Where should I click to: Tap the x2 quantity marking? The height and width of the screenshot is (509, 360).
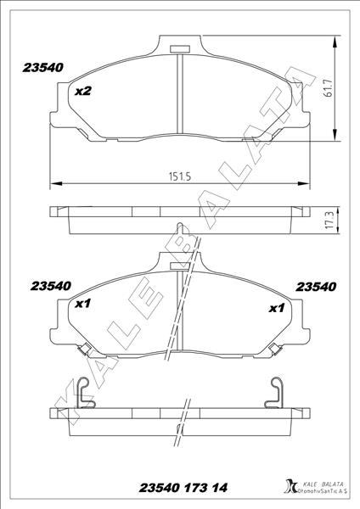pos(82,91)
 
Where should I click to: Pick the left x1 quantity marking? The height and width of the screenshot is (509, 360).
pos(82,303)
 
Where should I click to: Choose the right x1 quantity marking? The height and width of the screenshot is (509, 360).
pos(276,308)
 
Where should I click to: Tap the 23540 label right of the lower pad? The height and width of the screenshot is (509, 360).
pos(317,287)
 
